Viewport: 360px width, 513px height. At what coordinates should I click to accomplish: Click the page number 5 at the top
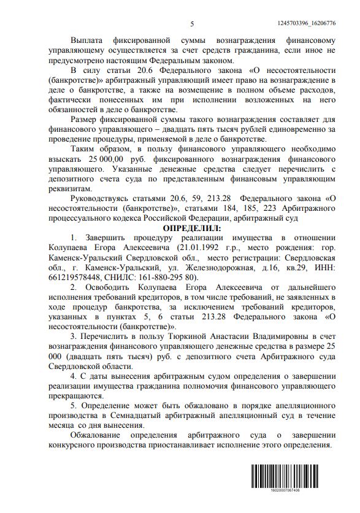[x=192, y=23]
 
